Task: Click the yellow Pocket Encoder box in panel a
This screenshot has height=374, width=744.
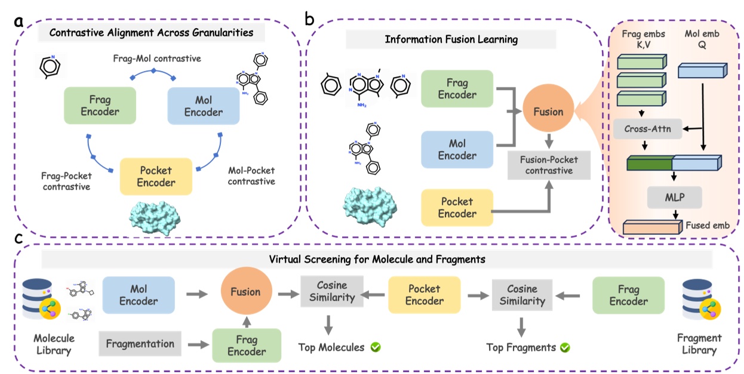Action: coord(155,175)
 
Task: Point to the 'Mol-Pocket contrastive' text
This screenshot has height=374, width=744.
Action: coord(251,175)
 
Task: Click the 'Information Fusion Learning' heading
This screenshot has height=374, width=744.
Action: coord(451,40)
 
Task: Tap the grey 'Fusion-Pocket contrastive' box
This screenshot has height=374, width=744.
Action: coord(549,165)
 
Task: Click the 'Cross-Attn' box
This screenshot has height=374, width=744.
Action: coord(647,128)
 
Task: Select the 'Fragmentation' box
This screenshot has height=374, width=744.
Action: coord(140,343)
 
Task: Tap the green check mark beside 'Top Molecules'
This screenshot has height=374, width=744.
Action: coord(376,347)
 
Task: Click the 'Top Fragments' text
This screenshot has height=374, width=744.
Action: coord(521,347)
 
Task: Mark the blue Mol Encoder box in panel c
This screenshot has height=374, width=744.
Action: coord(139,294)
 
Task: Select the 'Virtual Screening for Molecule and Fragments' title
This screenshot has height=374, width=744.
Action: coord(377,259)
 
